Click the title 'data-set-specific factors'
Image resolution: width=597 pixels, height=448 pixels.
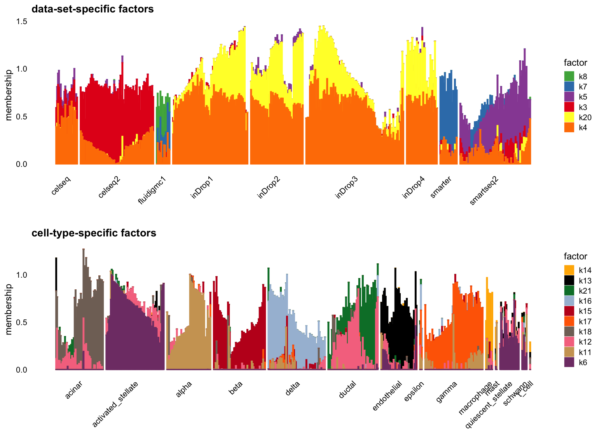93,9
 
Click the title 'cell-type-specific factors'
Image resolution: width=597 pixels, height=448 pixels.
94,233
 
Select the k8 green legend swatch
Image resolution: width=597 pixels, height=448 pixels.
569,76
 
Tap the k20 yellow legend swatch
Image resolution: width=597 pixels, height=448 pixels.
569,117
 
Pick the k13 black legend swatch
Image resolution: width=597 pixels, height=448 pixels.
569,280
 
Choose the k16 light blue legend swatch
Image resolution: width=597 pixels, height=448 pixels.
569,301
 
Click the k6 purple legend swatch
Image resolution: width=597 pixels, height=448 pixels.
569,362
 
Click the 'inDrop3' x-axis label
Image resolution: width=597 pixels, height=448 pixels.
347,187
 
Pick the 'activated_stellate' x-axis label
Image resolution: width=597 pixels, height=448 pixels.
115,404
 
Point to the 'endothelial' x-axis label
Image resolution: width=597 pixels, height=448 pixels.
387,396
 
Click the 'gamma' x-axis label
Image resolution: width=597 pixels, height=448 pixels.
447,392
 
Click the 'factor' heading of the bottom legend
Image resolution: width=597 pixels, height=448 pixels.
575,257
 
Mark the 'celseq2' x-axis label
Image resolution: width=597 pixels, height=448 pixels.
110,187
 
